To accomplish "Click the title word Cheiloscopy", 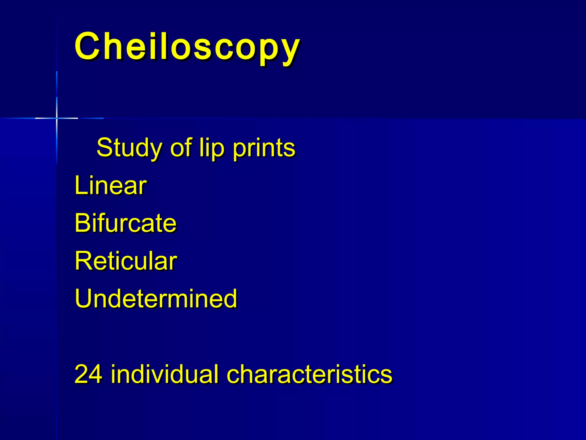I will point(187,46).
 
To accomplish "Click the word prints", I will point(264,148).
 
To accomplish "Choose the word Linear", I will point(110,186).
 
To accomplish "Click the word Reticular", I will point(126,261).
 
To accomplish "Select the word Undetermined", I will point(156,299).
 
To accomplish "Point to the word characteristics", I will point(309,374).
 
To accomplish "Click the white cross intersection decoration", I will point(57,118).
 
